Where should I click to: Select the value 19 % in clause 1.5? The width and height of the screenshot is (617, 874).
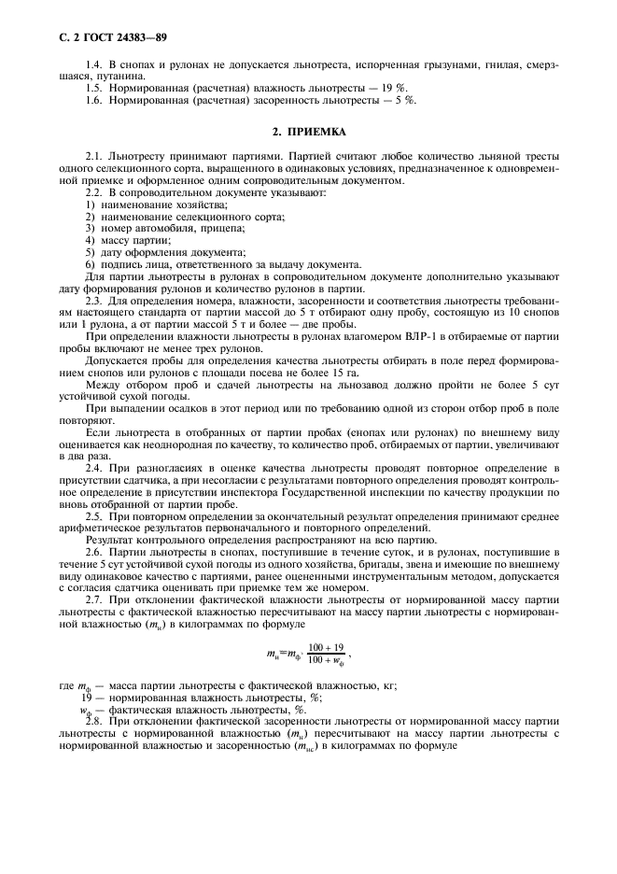click(402, 89)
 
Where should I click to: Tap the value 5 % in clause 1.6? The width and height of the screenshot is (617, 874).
click(405, 99)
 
